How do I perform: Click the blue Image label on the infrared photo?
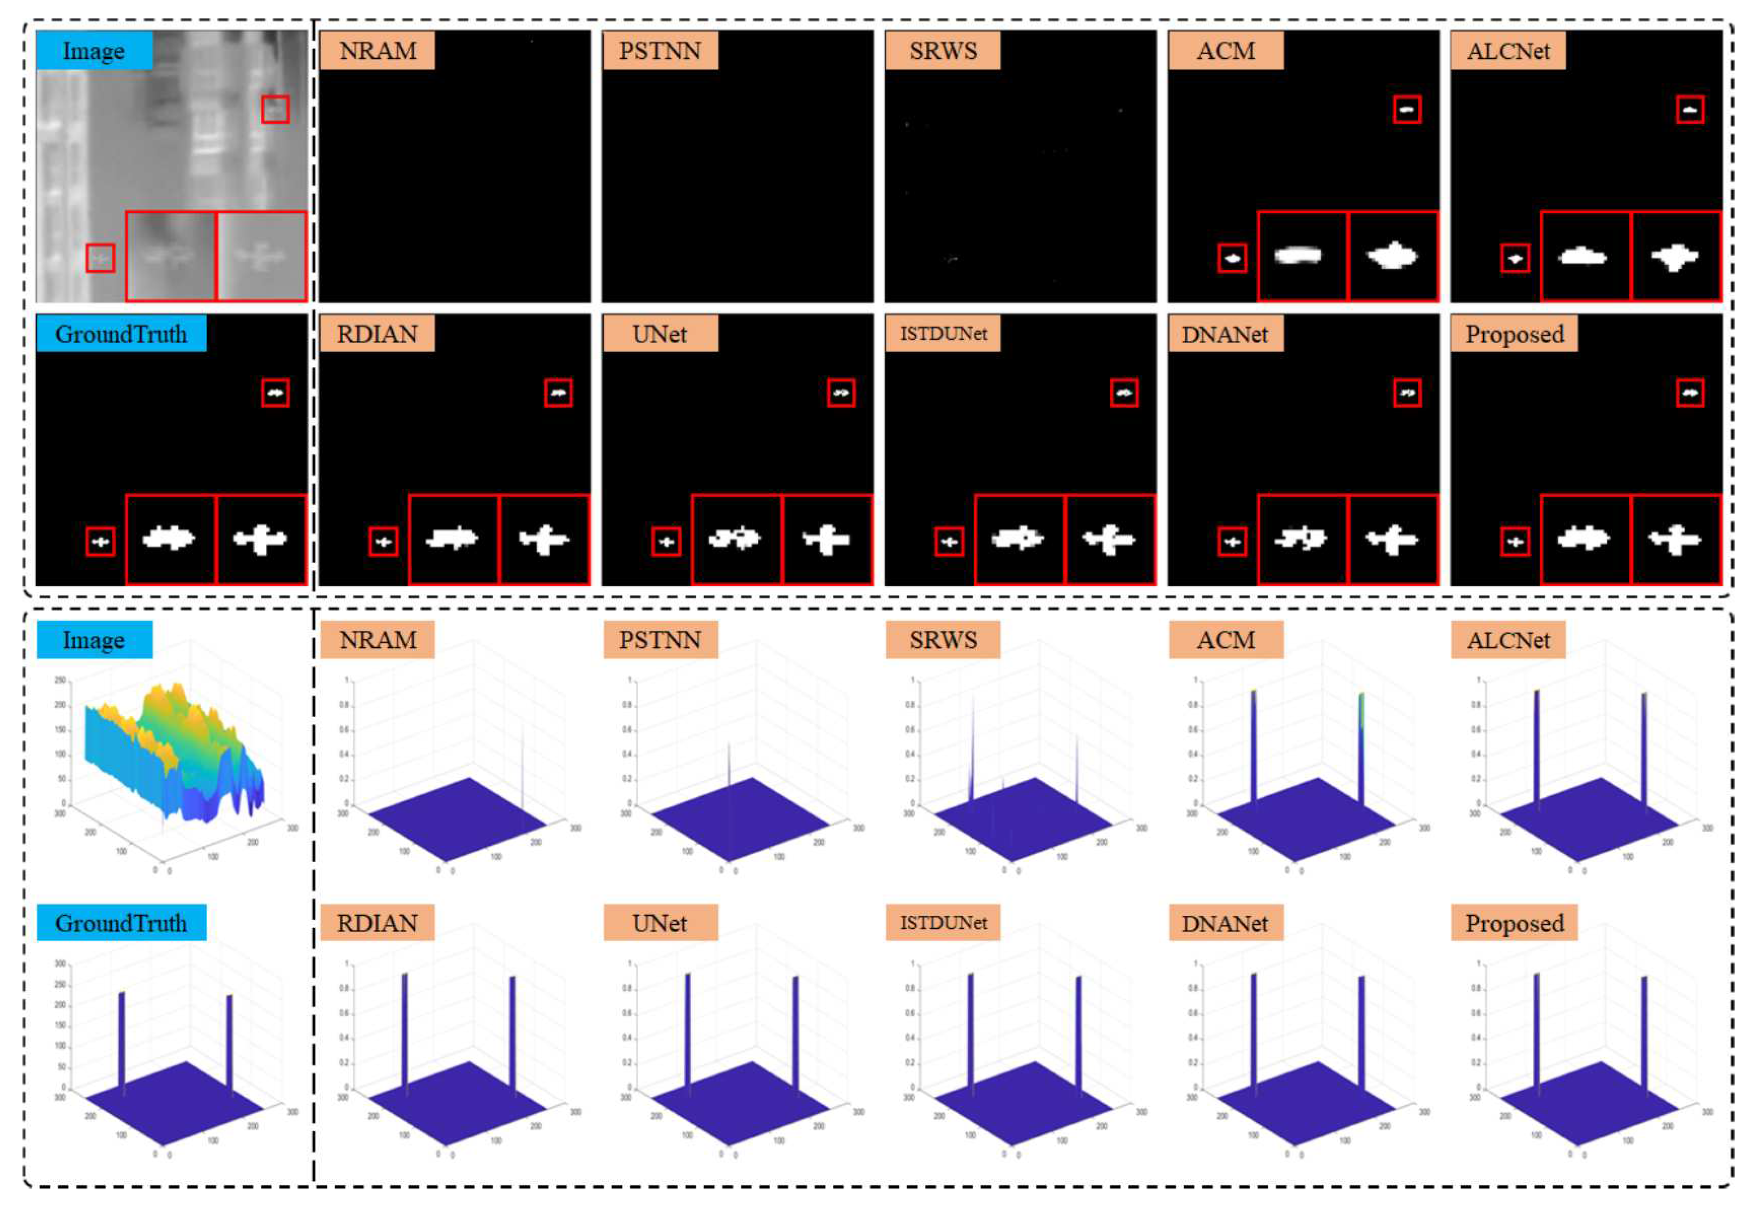tap(94, 50)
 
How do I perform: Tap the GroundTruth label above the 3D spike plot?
tap(121, 923)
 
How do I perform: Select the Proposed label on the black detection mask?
tap(1514, 334)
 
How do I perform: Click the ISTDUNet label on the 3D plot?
tap(943, 923)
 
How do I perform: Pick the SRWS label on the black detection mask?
tap(943, 50)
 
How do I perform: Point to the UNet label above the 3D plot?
tap(660, 923)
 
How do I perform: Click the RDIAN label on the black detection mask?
tap(377, 334)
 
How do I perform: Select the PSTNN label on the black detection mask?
tap(660, 50)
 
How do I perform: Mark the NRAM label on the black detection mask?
tap(377, 50)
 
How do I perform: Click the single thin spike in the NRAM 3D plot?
tap(522, 764)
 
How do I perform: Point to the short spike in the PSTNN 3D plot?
tap(729, 764)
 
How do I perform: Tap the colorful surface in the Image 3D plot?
tap(174, 749)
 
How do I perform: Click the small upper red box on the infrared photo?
tap(275, 109)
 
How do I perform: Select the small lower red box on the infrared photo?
tap(100, 258)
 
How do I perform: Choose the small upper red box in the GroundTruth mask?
tap(275, 393)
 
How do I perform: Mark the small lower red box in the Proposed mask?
tap(1515, 542)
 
